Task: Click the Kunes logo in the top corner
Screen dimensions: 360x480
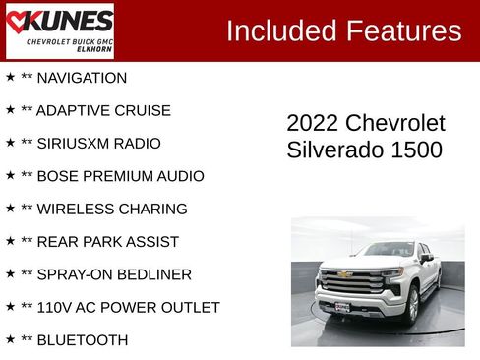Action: point(59,30)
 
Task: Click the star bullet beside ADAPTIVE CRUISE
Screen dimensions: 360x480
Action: point(10,110)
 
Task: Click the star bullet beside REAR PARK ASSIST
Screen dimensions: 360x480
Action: point(10,241)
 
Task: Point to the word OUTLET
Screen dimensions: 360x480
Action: point(190,308)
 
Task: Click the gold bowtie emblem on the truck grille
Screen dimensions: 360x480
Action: point(344,275)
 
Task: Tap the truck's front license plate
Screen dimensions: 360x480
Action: point(341,307)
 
